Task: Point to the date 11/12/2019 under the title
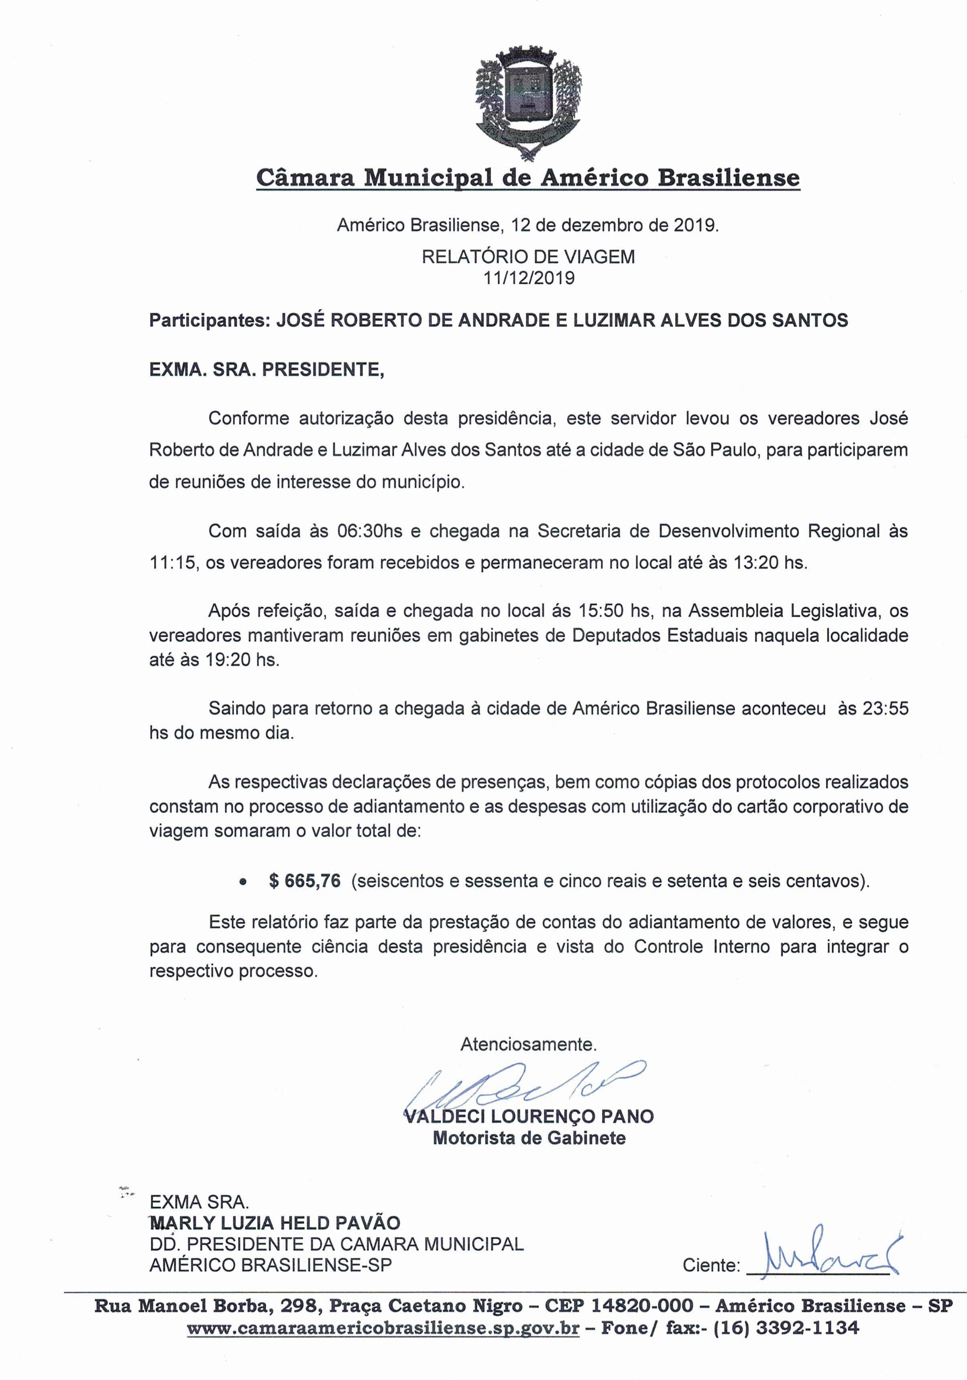click(x=528, y=278)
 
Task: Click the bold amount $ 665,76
click(x=305, y=881)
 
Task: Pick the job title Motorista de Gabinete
click(x=529, y=1138)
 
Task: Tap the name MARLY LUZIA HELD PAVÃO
click(x=275, y=1223)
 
